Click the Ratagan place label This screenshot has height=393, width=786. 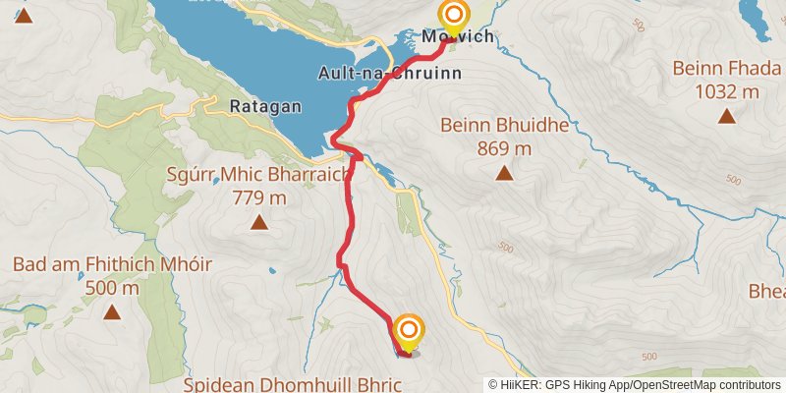259,106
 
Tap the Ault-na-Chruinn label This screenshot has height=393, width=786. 390,73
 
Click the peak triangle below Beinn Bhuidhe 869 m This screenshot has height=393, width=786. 504,173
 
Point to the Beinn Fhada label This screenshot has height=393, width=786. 726,69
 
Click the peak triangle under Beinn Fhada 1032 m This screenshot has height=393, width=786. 726,116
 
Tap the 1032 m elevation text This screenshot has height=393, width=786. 726,92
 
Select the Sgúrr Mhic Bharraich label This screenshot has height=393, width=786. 259,176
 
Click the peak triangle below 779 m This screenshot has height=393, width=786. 259,222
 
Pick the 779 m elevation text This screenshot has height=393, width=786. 259,198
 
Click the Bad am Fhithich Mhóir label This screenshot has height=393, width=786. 112,265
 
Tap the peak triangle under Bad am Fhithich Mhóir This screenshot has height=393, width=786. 112,312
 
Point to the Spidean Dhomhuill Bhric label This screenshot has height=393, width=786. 293,383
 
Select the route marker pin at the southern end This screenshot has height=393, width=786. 408,331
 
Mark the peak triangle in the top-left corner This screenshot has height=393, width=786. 23,15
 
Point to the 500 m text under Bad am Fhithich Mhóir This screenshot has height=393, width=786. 112,288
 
